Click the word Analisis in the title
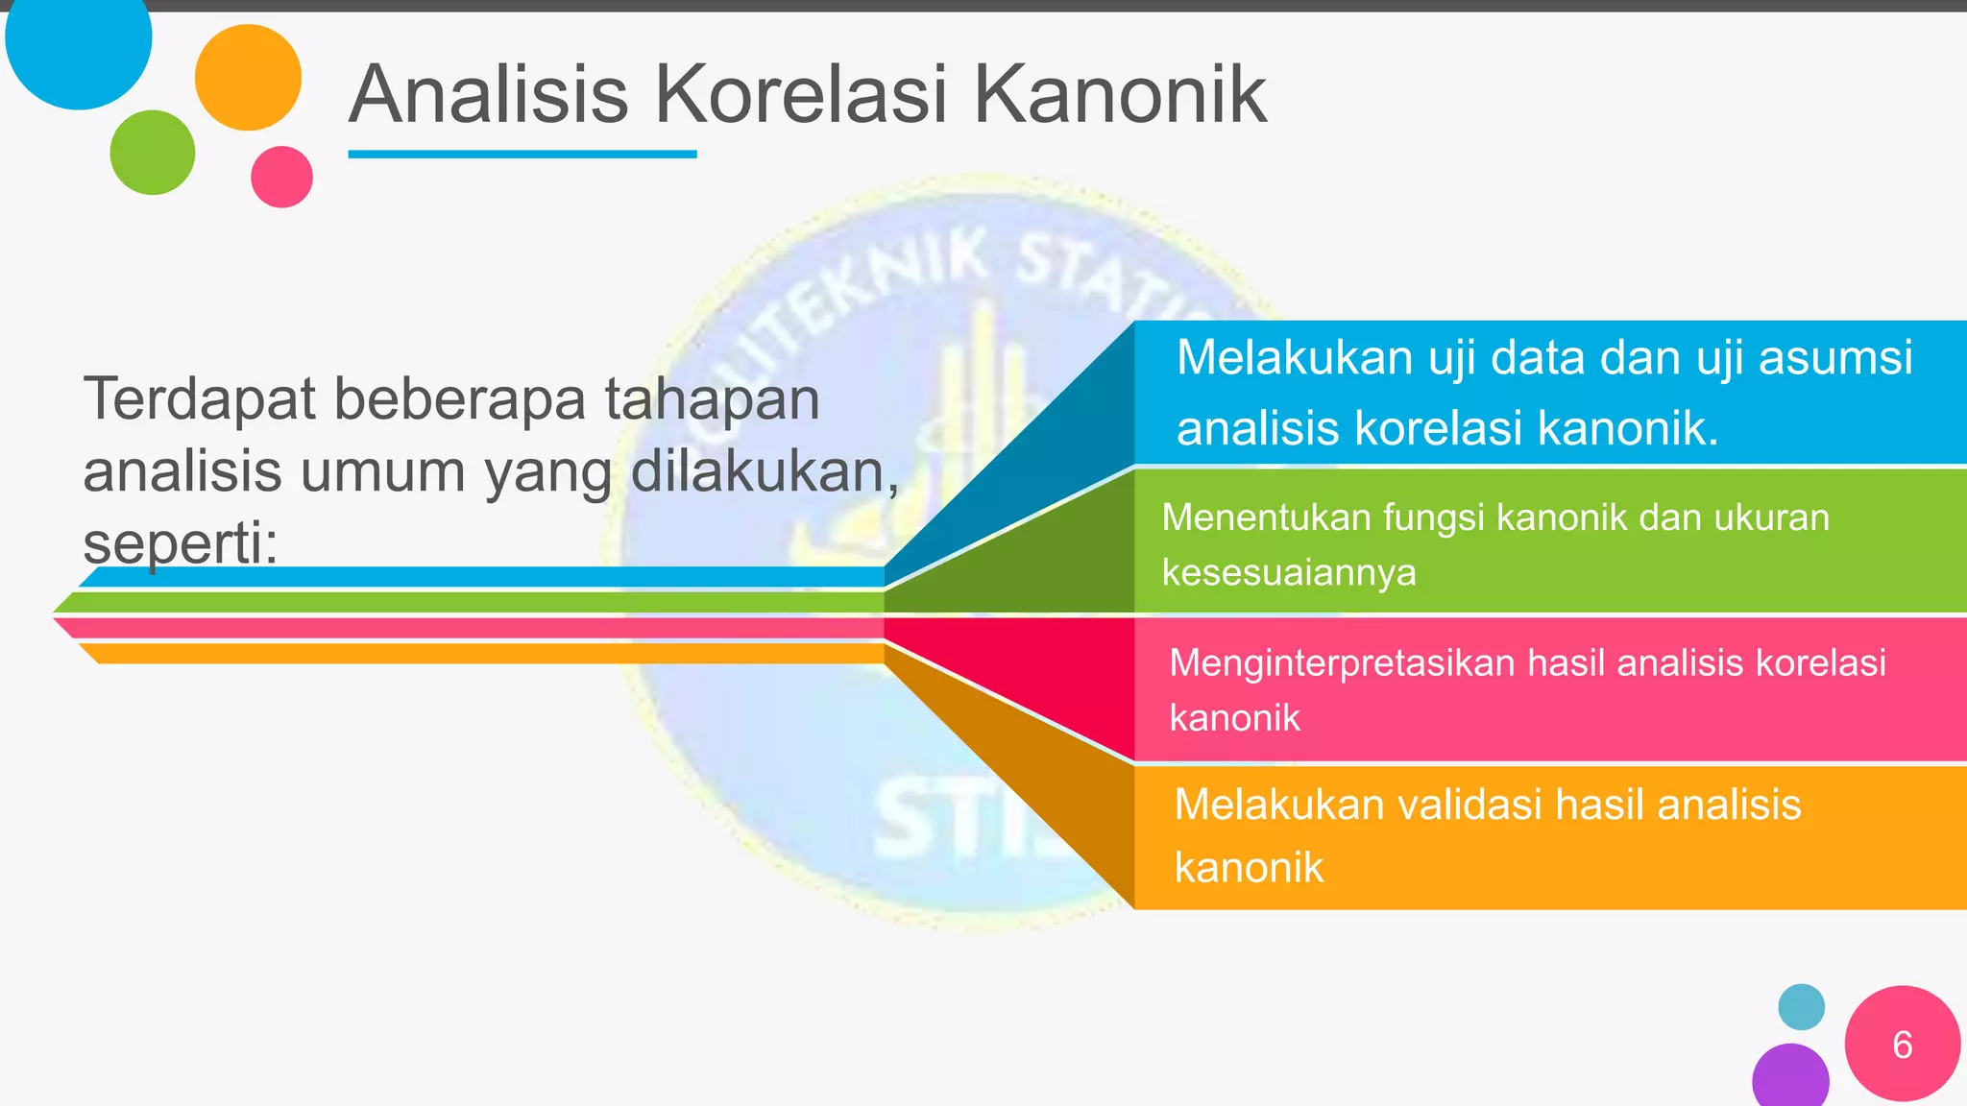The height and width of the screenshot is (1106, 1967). coord(488,95)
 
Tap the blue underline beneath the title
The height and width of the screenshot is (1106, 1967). coord(522,154)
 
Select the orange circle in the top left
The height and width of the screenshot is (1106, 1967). coord(248,78)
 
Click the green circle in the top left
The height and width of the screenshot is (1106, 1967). coord(153,153)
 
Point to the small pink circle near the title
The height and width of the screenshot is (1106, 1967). coord(281,177)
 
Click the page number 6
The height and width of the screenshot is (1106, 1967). coord(1902,1045)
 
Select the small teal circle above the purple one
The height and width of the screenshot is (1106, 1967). coord(1801,1007)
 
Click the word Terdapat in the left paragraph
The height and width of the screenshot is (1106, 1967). coord(198,399)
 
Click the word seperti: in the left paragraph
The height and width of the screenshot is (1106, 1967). coord(180,543)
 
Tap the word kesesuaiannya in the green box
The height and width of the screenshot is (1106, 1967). coord(1289,573)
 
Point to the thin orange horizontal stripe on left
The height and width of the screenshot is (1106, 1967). coord(480,654)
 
